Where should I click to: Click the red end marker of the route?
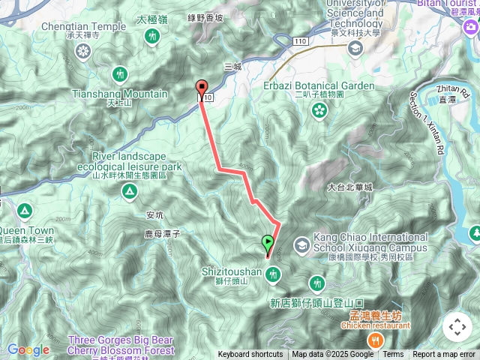[201, 86]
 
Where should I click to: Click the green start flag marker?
[268, 243]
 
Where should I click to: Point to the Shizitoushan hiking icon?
[274, 274]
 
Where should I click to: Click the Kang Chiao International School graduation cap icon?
[301, 244]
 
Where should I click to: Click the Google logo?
[28, 350]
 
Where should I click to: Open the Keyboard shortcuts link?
[250, 355]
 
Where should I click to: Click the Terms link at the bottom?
[393, 355]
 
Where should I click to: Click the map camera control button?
[457, 327]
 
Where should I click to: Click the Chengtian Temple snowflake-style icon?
[82, 51]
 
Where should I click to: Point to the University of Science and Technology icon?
[355, 48]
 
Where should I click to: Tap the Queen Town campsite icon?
[24, 211]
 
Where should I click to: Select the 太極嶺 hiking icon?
[153, 36]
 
